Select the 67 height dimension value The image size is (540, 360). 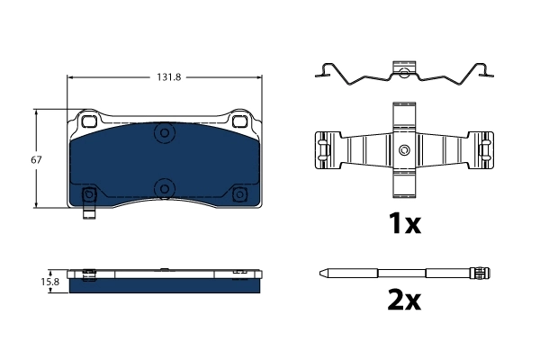pos(36,159)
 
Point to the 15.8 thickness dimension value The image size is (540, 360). pos(52,281)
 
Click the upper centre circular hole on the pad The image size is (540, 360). pos(164,134)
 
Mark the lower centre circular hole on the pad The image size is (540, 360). pos(164,187)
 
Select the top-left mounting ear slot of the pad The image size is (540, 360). pos(89,121)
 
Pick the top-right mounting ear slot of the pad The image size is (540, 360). pos(240,121)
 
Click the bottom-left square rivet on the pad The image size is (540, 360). pos(89,195)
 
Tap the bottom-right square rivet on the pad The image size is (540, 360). pos(239,195)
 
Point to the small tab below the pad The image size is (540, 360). pos(89,213)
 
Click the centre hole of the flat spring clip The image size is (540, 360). pos(404,149)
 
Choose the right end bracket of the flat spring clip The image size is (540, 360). pos(486,150)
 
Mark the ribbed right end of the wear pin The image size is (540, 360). pos(482,272)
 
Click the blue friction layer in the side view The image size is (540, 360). pos(166,283)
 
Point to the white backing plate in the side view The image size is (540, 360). pos(166,272)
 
